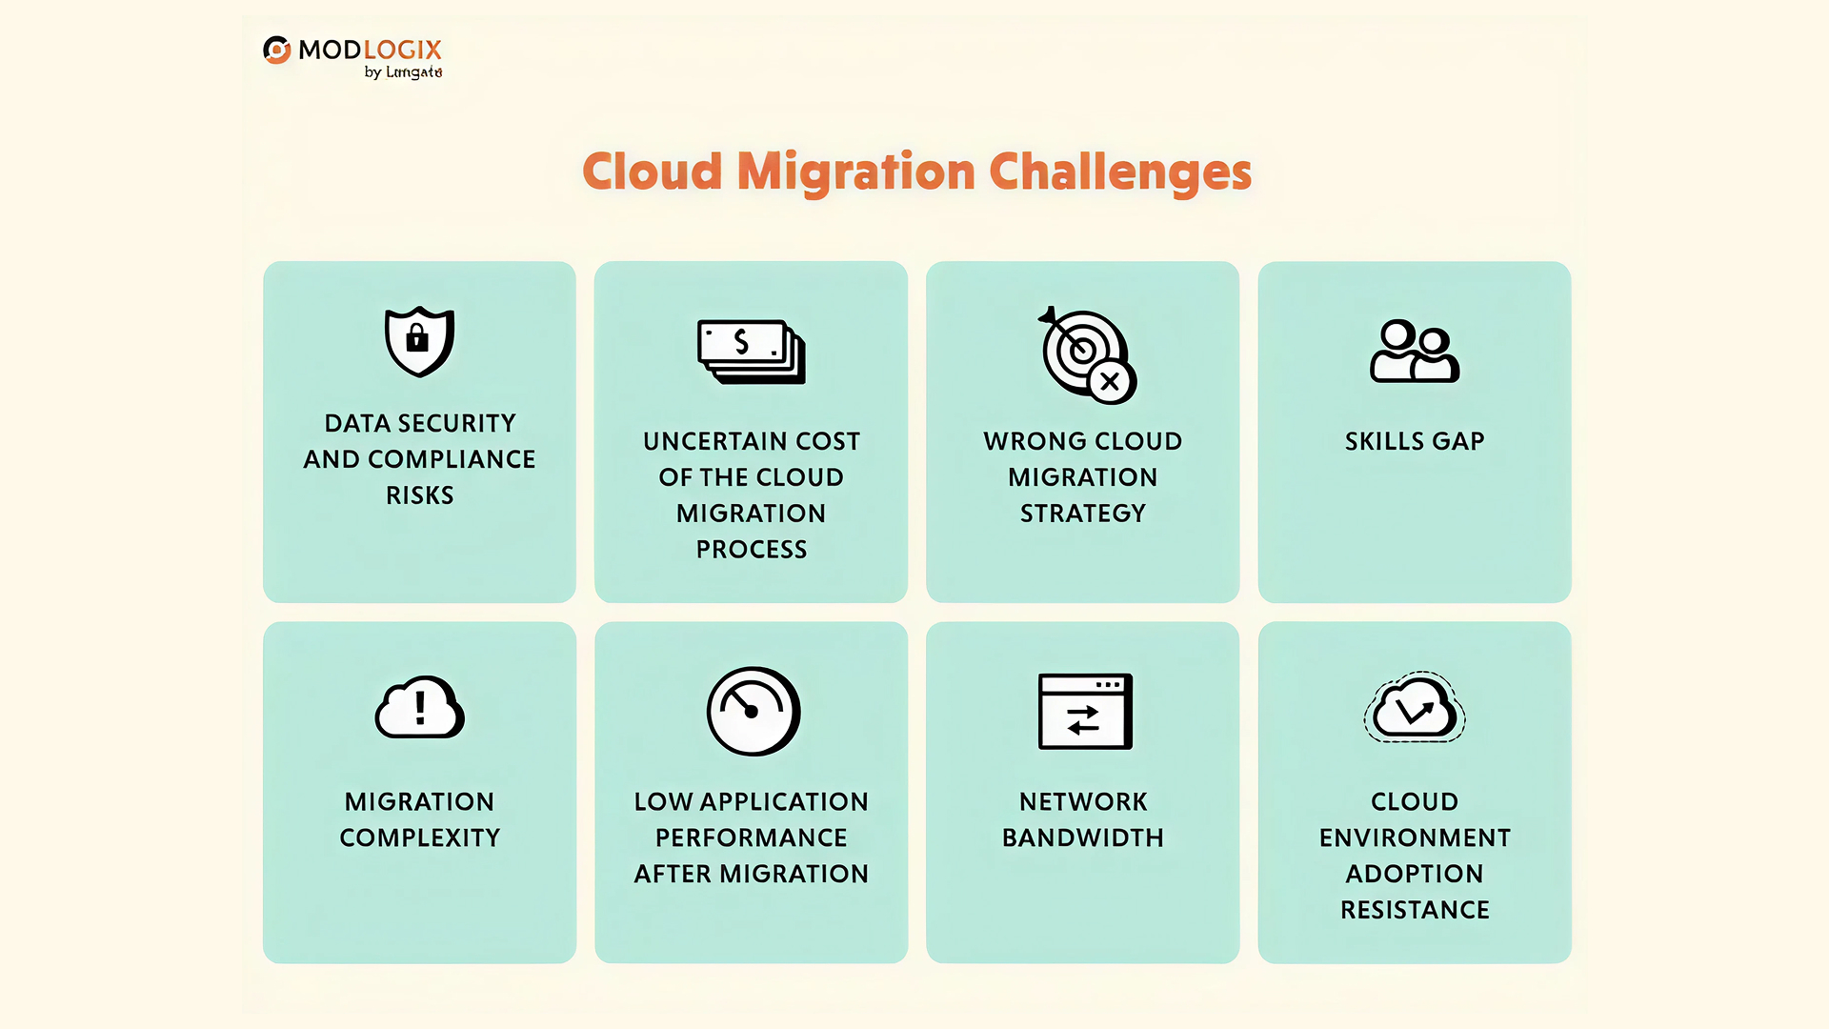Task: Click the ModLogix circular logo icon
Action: [277, 50]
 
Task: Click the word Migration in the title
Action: [855, 172]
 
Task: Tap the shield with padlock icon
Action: [419, 341]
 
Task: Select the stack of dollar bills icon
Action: [751, 352]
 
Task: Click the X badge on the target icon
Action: [1110, 382]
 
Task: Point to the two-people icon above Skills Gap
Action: [1415, 351]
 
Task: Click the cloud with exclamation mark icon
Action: [419, 708]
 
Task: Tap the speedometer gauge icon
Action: [753, 711]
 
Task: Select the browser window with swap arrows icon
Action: [1084, 711]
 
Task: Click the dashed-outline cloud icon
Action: [1415, 708]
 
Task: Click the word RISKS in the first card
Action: [419, 495]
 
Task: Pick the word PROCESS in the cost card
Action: [752, 550]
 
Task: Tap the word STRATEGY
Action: [1083, 514]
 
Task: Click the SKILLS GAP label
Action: [1415, 441]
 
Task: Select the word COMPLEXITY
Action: [419, 837]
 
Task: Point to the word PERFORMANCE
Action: [752, 837]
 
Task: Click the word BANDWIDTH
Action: [1083, 837]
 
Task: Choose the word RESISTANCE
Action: [1415, 910]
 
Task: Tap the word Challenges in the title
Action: [1120, 172]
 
